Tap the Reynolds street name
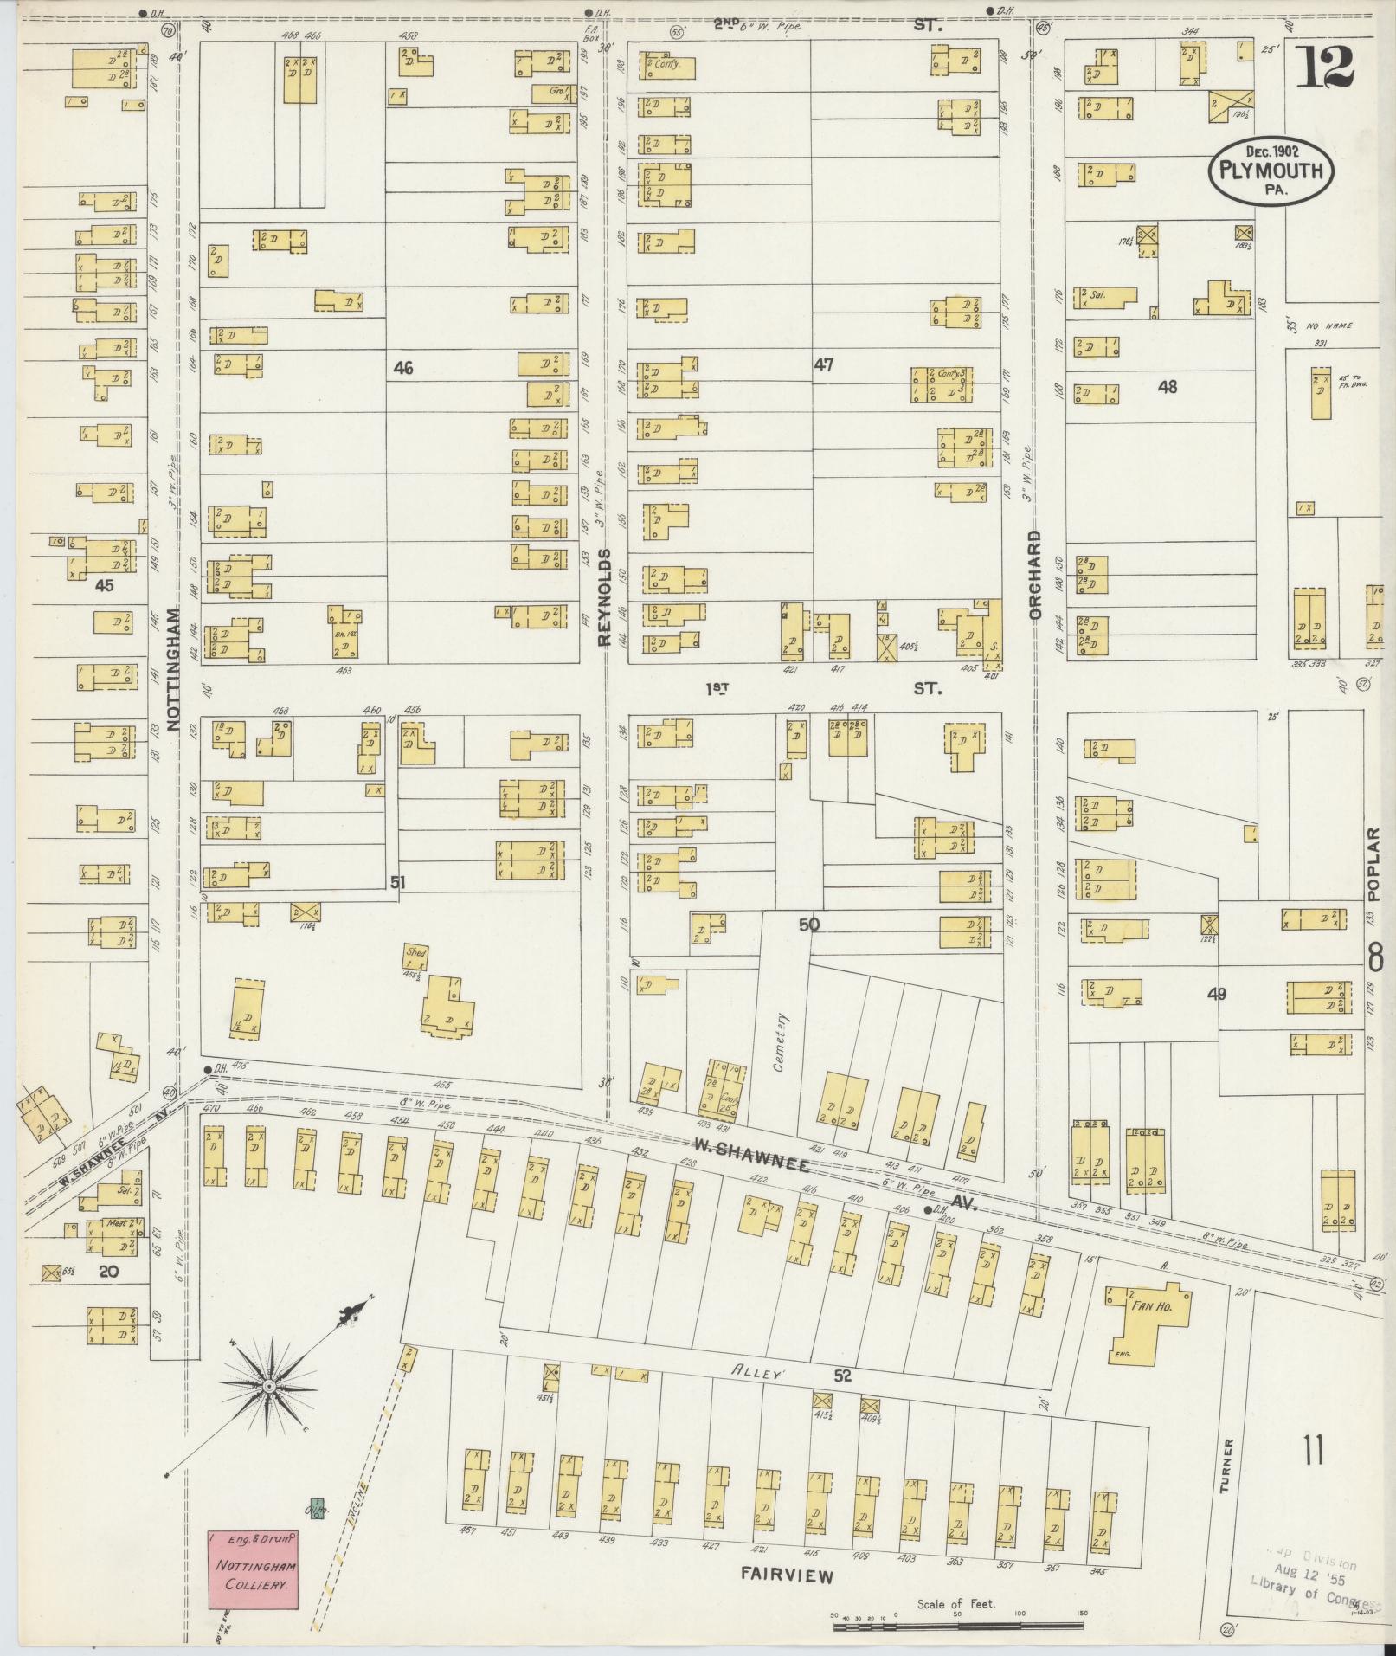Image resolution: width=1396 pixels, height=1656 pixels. tap(605, 597)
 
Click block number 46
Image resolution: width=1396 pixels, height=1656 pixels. tap(402, 368)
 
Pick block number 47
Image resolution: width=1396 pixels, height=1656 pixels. tap(822, 364)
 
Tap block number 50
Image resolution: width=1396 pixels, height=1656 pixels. tap(808, 925)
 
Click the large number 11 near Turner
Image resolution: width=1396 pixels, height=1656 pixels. tap(1313, 1449)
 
